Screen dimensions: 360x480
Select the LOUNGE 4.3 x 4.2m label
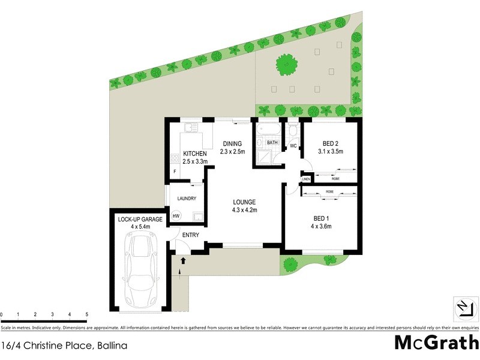[245, 206]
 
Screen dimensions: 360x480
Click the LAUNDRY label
[186, 199]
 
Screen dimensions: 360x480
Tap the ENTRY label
[191, 235]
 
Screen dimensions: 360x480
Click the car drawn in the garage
[142, 269]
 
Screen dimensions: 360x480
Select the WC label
[293, 146]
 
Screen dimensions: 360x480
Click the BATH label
[272, 143]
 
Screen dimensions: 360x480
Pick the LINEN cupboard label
[306, 179]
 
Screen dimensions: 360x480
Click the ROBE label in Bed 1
[329, 192]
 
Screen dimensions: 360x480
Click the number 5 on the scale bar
[87, 314]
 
